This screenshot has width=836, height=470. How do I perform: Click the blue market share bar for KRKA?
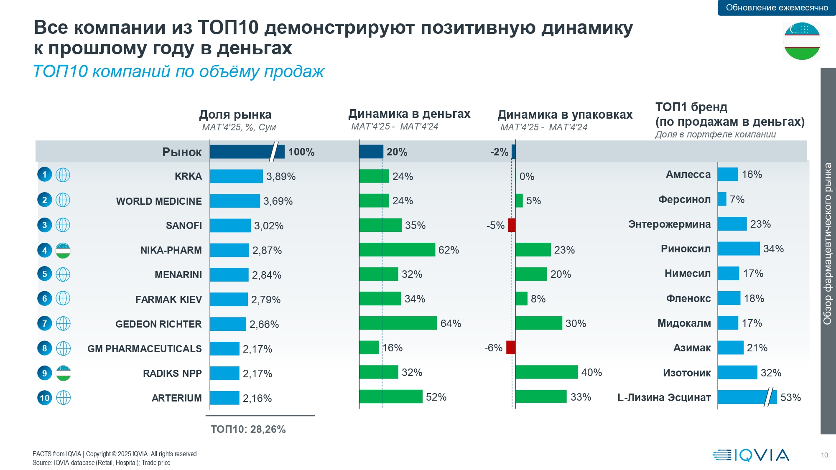[x=236, y=176]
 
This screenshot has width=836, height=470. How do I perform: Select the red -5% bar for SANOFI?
[x=512, y=225]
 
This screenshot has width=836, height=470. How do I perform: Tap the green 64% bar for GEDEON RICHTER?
[x=398, y=323]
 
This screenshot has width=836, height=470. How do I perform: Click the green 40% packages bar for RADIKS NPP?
[x=546, y=372]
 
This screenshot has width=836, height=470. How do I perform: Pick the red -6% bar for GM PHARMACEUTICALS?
[x=510, y=348]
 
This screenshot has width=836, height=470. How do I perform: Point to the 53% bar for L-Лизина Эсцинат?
[x=747, y=397]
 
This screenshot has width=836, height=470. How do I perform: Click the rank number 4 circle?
[x=45, y=250]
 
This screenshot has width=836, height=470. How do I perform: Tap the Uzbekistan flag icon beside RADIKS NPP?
[x=63, y=373]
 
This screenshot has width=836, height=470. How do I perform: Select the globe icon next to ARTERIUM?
[x=63, y=398]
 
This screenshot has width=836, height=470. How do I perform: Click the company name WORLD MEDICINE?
[x=159, y=201]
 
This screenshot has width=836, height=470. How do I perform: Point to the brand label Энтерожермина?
[x=669, y=224]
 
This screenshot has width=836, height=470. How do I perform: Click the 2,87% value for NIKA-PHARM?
[x=267, y=251]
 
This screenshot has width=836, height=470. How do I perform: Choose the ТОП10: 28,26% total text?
[x=248, y=429]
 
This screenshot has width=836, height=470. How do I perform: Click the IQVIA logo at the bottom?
[x=751, y=455]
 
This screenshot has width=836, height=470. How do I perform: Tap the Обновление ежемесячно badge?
[x=777, y=8]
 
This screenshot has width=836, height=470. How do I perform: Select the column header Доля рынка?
[x=235, y=114]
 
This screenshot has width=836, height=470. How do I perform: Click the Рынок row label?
[x=182, y=152]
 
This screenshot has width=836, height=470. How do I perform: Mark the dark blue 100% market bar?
[x=247, y=152]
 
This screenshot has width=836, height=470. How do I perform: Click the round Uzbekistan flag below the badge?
[x=802, y=41]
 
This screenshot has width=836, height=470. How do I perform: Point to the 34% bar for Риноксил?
[x=739, y=249]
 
